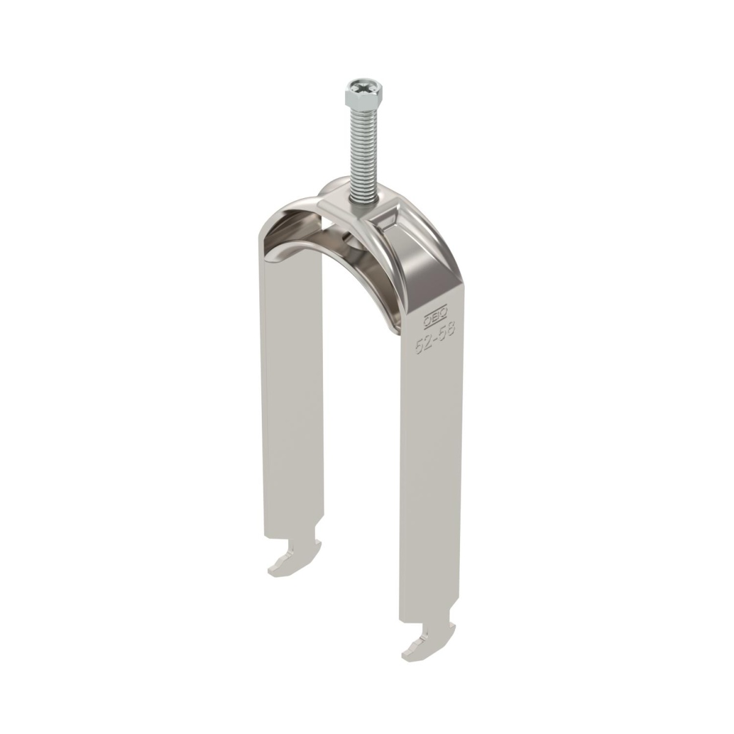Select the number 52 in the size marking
tap(423, 346)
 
